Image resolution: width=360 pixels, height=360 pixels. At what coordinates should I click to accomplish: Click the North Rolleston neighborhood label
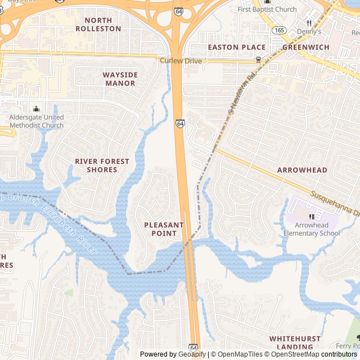pos(98,24)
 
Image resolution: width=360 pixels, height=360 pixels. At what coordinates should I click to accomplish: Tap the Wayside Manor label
pos(119,79)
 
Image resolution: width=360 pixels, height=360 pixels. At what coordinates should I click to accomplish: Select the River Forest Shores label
pos(102,165)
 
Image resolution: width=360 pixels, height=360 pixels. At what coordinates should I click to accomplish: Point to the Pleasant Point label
pos(164,229)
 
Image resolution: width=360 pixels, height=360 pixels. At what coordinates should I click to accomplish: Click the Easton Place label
pos(237,47)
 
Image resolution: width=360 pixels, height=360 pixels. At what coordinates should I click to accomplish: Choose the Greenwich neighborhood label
pos(305,47)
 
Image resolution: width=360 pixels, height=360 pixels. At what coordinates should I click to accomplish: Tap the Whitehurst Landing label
pos(295,343)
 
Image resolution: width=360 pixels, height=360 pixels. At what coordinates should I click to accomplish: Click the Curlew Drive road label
pos(181,60)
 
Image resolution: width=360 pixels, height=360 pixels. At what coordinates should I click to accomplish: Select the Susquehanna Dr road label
pos(335,205)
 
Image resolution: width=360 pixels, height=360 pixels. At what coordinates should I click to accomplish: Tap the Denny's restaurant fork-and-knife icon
pos(308,23)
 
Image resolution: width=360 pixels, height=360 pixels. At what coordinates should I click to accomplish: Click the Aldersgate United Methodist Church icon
pos(37,109)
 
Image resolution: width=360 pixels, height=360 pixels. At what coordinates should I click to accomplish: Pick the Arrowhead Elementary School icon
pos(312,217)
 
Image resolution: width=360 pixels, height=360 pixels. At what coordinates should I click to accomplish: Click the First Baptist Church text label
pos(267,10)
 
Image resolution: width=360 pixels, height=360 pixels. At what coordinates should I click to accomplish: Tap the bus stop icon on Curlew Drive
pos(258,60)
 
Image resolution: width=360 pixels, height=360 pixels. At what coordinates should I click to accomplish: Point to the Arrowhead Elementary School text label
pos(312,229)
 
